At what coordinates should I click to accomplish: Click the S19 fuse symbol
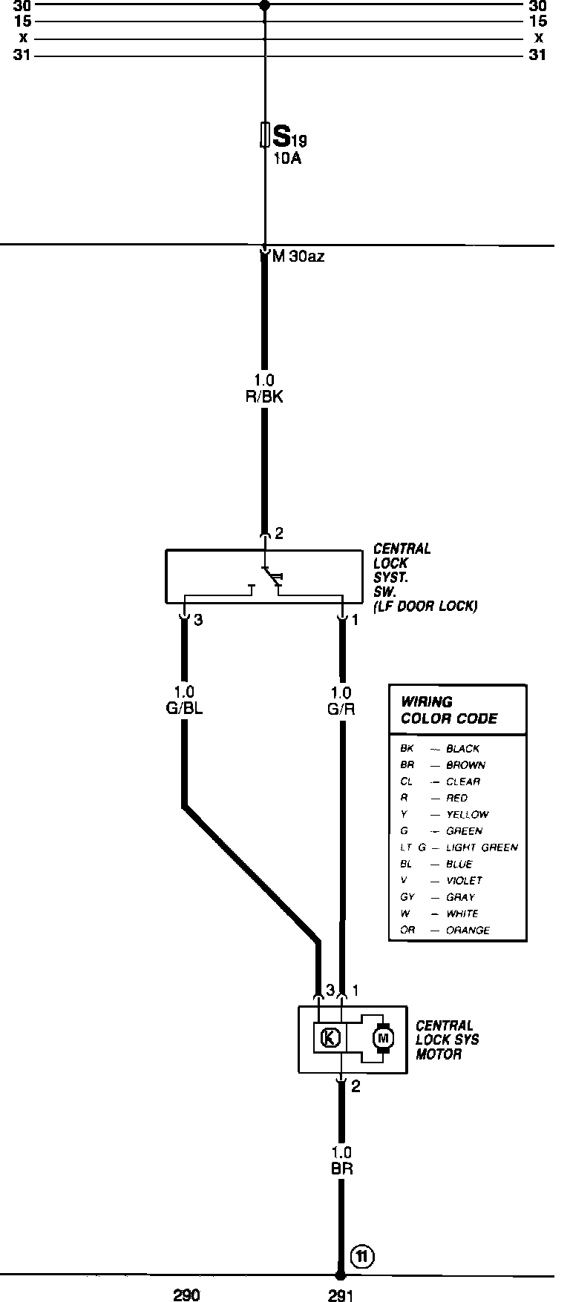(264, 135)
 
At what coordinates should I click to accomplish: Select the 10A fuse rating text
(287, 159)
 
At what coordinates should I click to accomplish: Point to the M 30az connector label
(298, 257)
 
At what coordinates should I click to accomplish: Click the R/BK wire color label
(264, 397)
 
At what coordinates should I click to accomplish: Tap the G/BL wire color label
(184, 708)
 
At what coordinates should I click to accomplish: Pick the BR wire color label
(341, 1169)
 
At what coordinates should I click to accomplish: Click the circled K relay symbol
(330, 1037)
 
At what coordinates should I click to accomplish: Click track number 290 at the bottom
(186, 1295)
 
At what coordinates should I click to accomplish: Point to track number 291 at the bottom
(341, 1295)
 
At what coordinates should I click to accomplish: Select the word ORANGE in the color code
(468, 930)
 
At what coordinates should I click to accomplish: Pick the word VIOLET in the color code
(465, 881)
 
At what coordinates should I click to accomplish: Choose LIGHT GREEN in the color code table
(482, 847)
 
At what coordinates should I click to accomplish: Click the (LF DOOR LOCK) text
(425, 606)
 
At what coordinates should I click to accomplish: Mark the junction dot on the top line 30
(264, 4)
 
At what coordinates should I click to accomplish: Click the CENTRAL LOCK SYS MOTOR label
(447, 1040)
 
